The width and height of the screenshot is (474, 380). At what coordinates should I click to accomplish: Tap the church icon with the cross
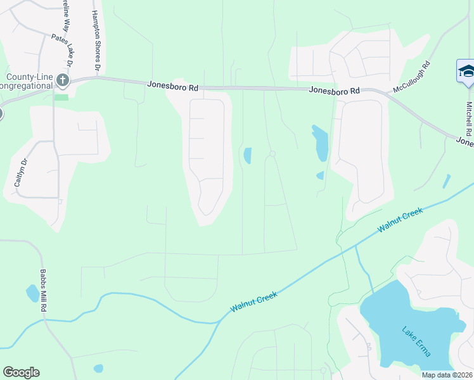tap(62, 80)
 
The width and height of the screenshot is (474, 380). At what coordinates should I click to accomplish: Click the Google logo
tap(21, 372)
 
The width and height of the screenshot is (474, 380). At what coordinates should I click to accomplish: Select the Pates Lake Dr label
tap(63, 50)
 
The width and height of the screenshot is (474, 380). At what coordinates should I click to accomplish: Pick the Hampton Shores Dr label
tap(96, 40)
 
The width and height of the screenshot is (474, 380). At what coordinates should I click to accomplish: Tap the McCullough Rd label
tap(411, 77)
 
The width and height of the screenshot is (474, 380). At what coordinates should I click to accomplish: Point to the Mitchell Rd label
tap(469, 119)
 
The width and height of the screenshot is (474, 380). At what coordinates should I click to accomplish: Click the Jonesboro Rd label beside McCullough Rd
tap(335, 91)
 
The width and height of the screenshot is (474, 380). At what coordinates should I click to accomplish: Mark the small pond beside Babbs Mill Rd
tap(32, 293)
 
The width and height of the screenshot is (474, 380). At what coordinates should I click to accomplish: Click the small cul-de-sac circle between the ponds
tap(272, 154)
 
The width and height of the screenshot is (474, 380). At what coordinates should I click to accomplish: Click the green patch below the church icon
tap(61, 97)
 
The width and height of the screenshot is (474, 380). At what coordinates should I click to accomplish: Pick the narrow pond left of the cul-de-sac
tap(247, 155)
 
